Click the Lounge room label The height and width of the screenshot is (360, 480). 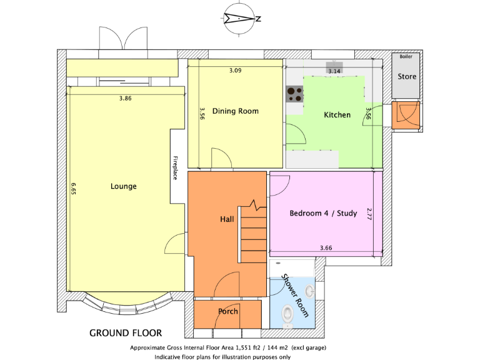(123, 186)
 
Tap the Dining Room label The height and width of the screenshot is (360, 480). (235, 111)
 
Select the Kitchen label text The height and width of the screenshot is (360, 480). (337, 115)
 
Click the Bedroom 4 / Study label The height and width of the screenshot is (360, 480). (323, 214)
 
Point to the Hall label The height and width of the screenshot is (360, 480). (227, 220)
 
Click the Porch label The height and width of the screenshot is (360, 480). (227, 311)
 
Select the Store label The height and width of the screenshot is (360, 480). (407, 77)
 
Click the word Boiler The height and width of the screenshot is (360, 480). (406, 57)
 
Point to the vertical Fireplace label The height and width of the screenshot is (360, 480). (176, 167)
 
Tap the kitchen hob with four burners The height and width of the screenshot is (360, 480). (294, 94)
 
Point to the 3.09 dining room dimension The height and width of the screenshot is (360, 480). (235, 71)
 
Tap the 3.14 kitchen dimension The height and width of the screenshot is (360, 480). (334, 71)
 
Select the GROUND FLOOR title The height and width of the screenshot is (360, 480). (126, 332)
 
